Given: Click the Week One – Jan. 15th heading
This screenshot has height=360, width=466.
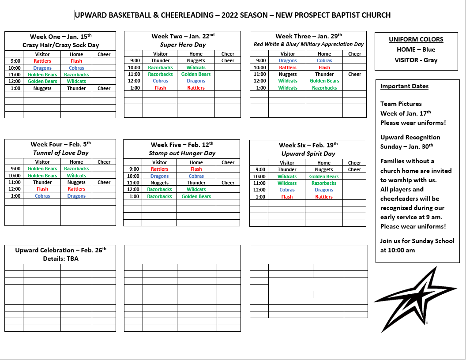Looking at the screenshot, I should pos(60,37).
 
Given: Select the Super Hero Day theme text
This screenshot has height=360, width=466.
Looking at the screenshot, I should pos(183,45).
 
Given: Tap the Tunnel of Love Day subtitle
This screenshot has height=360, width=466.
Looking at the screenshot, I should pos(60,153).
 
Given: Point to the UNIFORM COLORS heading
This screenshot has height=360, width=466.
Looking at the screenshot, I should pos(416,39).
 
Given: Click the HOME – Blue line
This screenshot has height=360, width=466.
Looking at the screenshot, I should pos(416,49).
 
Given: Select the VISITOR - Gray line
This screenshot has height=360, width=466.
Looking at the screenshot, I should pos(416,60).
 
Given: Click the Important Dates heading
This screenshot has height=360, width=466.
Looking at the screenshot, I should pos(404,86).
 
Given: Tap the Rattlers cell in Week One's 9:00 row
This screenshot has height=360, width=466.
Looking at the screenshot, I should pos(42,61).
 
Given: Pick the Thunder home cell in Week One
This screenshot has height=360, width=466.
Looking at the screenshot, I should pos(76,88).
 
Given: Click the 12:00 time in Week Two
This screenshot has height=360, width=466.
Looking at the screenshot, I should pos(134,81).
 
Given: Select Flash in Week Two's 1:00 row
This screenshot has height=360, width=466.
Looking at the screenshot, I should pos(160,88).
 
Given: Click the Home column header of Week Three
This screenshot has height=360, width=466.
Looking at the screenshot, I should pos(324,54).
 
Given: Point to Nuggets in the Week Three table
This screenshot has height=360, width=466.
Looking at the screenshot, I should pos(288,74).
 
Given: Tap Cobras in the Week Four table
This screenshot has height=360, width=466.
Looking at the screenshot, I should pos(42,196).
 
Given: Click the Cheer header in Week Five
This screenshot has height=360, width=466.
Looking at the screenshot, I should pos(228,162).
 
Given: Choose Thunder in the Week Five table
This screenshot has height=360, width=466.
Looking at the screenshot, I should pos(196,183).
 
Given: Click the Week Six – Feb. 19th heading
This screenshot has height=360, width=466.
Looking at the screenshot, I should pos(308,145).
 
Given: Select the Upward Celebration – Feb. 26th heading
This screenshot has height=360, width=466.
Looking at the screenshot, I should pos(60,250).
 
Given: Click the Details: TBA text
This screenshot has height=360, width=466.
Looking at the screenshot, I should pos(60,259).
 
